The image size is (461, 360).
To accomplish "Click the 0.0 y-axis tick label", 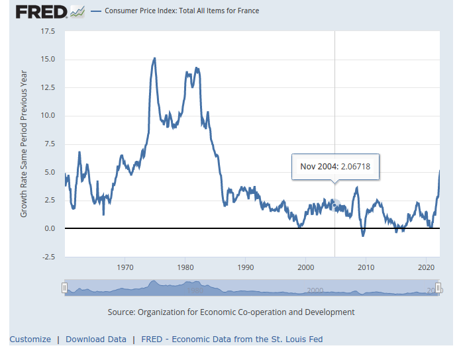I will coord(50,228).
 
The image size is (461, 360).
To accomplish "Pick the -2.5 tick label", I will coord(48,257).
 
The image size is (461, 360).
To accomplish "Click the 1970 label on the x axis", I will coord(125,268).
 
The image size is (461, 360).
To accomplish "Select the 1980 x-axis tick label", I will coord(185,268).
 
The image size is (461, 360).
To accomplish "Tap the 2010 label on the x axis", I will coord(366,268).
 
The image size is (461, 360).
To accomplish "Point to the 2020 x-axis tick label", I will coord(425,268).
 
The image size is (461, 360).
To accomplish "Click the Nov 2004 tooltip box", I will coord(335,167).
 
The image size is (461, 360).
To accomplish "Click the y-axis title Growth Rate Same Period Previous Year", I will coord(25,144).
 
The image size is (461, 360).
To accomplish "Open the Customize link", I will coord(30,339).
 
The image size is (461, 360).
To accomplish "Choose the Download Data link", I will coord(96,339).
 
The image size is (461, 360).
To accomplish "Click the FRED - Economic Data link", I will coord(232,339).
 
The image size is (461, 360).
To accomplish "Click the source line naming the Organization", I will coord(230,312).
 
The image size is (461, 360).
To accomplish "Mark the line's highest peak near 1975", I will coord(154,58).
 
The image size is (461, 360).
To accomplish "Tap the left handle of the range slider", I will coord(64,288).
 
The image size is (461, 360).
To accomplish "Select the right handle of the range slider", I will coord(438,288).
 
